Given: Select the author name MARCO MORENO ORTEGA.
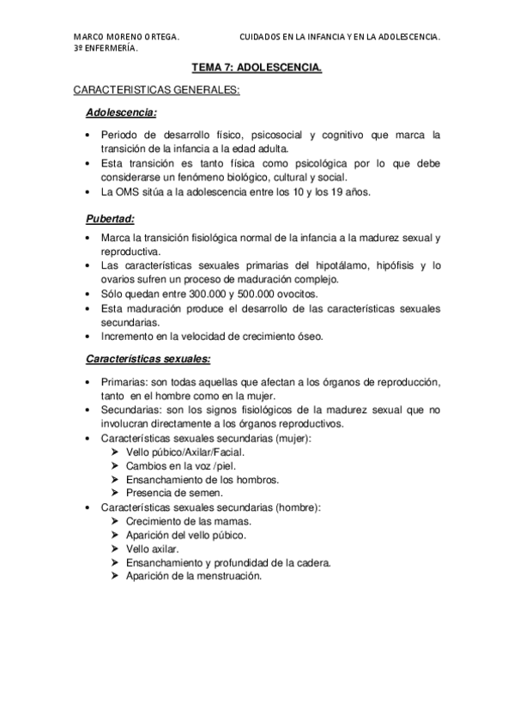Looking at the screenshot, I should coord(126,38).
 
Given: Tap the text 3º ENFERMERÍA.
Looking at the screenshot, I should coord(107,49).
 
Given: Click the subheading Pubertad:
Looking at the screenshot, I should coord(111,218).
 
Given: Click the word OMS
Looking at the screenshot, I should coord(130,191).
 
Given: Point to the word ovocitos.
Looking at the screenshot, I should coord(305,294).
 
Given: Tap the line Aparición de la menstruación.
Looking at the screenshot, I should coord(192,576).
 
